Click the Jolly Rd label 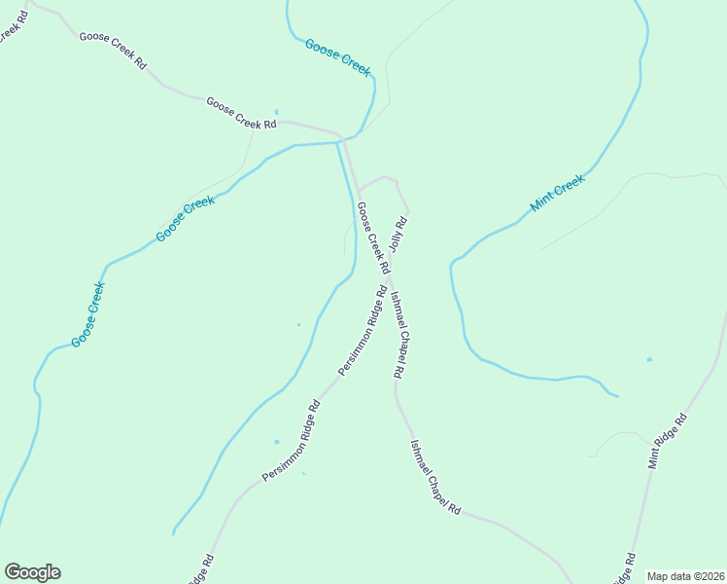398,235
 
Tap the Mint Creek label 558,194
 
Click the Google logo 32,572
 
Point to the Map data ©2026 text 684,576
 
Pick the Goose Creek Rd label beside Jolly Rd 373,237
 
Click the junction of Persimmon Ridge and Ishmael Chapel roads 389,281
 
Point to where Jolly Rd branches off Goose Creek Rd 359,191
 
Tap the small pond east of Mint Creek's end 649,359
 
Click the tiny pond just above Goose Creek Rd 277,111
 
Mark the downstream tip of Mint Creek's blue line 618,396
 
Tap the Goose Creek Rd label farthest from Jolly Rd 113,50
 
